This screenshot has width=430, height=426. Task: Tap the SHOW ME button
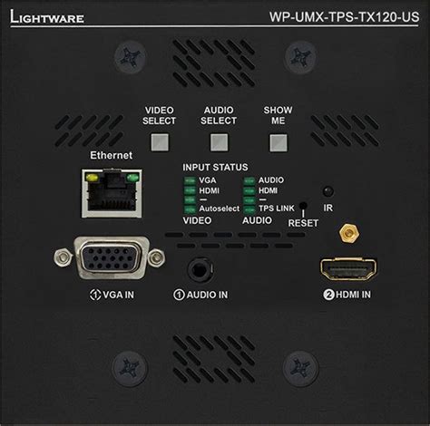coord(278,140)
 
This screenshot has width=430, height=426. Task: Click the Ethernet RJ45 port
coord(111,192)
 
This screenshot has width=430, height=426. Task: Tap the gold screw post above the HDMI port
coord(346,234)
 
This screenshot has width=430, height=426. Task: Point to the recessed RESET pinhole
coord(302,208)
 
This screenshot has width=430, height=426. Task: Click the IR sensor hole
coord(327,190)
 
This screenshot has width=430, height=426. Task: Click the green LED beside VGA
coord(190,181)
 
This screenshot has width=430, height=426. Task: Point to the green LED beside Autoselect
coord(190,209)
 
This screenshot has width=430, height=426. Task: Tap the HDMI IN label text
coord(347,295)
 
